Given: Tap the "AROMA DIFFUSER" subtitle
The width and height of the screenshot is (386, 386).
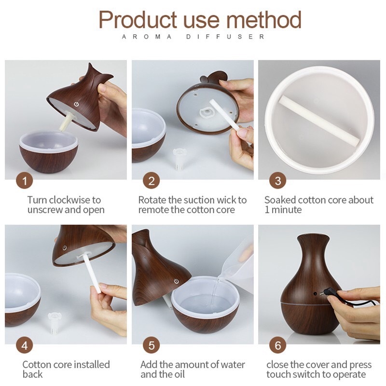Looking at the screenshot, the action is coord(193,37).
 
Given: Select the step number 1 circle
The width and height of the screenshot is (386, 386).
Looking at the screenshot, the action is coord(25,181).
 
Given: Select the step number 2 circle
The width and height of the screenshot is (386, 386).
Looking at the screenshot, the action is coord(151,181).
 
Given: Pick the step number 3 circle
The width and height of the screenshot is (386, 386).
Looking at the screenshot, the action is coord(278,181).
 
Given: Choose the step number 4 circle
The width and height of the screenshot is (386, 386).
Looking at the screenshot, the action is coord(25,345).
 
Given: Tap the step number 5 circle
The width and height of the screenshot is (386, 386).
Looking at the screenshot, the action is coord(151,345).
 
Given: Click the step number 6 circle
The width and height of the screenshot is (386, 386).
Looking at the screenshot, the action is coord(278,345).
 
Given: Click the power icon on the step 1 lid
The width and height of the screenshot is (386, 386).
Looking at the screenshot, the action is coord(76,105).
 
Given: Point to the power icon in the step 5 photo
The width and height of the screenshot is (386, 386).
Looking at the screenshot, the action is coord(176,281).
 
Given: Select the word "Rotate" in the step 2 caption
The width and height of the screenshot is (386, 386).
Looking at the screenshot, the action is coord(152,200).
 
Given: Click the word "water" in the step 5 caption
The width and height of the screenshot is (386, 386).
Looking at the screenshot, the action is coord(232,365).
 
